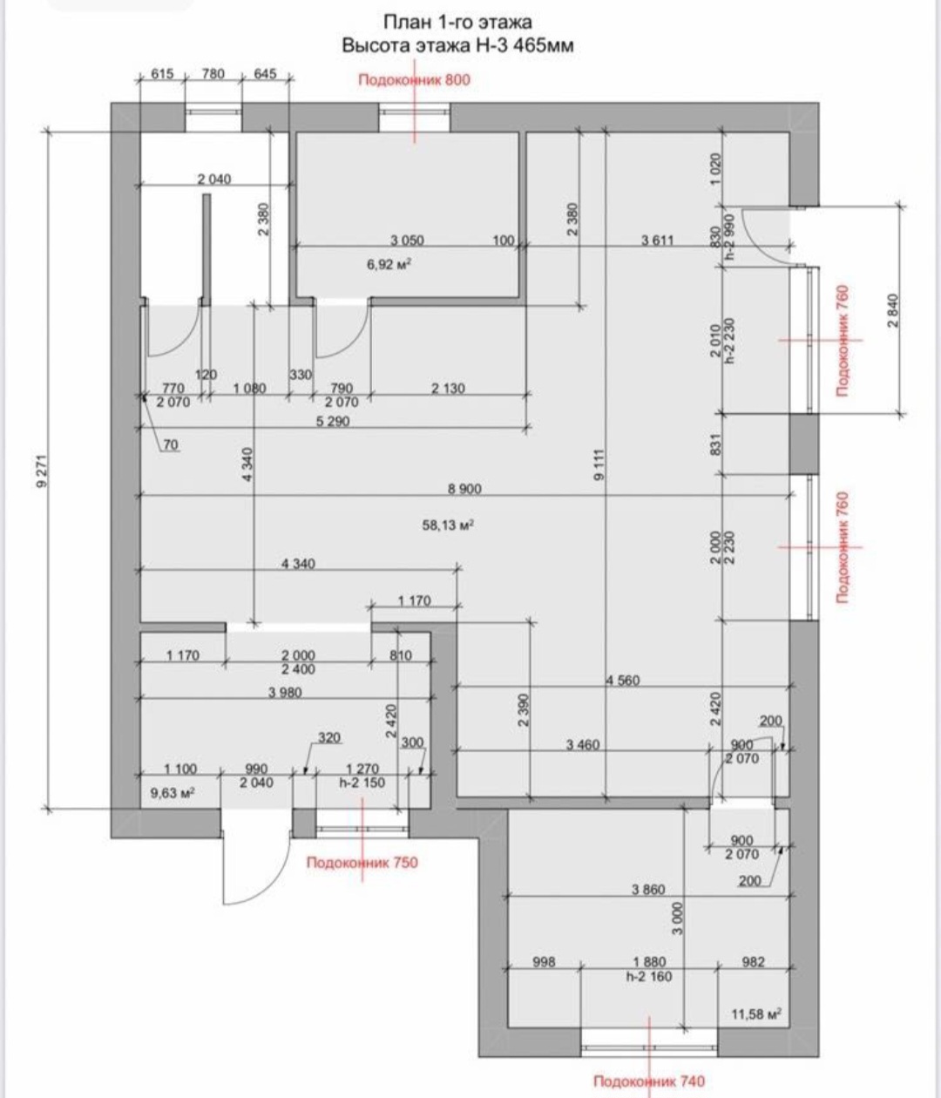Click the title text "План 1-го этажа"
pyautogui.click(x=457, y=23)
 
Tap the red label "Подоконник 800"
pyautogui.click(x=414, y=80)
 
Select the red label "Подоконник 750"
pyautogui.click(x=362, y=862)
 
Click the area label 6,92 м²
pyautogui.click(x=389, y=264)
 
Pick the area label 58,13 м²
pyautogui.click(x=448, y=525)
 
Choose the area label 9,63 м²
pyautogui.click(x=173, y=793)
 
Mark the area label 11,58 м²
pyautogui.click(x=756, y=1014)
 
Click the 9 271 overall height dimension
pyautogui.click(x=44, y=470)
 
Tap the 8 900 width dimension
pyautogui.click(x=464, y=489)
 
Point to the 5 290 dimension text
pyautogui.click(x=333, y=421)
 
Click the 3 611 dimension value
pyautogui.click(x=657, y=241)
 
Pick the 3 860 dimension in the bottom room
pyautogui.click(x=648, y=889)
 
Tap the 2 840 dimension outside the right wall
pyautogui.click(x=894, y=311)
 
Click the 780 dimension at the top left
pyautogui.click(x=213, y=74)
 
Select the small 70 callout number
pyautogui.click(x=171, y=444)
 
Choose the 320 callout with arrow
pyautogui.click(x=329, y=738)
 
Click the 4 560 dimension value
pyautogui.click(x=623, y=680)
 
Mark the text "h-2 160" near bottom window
pyautogui.click(x=649, y=976)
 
